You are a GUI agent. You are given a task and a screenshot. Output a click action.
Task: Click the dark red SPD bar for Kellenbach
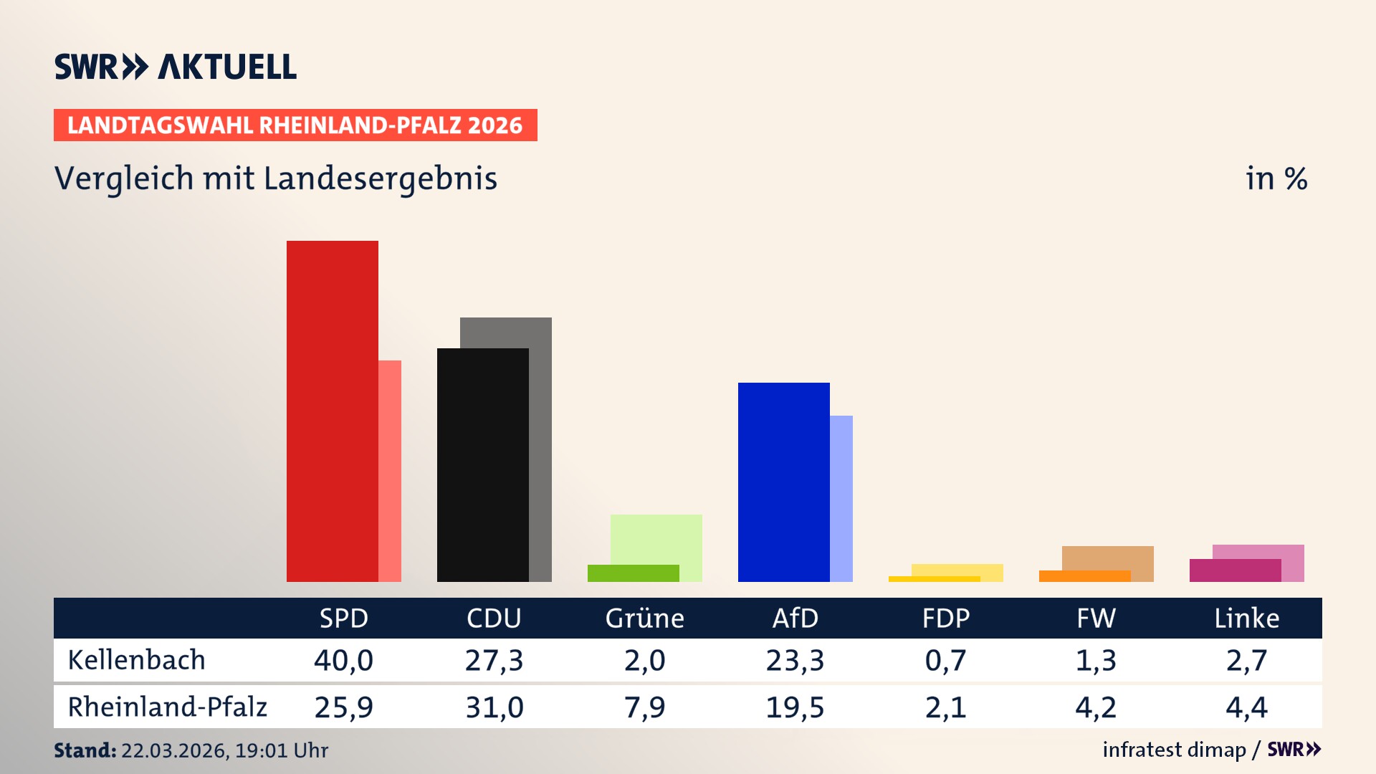coord(333,411)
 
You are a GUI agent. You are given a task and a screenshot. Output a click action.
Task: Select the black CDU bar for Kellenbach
coord(483,465)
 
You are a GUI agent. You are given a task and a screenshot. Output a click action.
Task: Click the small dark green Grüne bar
coord(634,573)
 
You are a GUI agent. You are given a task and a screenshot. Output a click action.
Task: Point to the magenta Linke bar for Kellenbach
coord(1236,570)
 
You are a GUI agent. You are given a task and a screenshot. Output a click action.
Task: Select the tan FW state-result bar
coord(1108,558)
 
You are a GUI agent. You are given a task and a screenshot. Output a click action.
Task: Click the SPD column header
coord(344,618)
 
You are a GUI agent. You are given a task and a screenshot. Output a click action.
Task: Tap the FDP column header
coord(946,618)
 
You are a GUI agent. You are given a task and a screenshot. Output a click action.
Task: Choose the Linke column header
coord(1246,618)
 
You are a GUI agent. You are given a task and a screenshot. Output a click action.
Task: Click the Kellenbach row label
coord(137,660)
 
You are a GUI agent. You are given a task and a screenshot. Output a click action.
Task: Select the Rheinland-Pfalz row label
coord(168,707)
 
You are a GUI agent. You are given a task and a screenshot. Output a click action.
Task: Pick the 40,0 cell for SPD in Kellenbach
coord(344,660)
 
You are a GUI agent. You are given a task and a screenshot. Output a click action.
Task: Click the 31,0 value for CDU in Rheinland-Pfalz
coord(494,707)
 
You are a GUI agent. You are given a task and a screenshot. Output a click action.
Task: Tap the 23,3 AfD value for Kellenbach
coord(795,660)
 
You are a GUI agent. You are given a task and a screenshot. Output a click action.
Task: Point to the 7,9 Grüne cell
coord(645,707)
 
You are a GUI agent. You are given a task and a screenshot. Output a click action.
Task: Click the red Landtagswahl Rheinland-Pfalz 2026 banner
coord(295,125)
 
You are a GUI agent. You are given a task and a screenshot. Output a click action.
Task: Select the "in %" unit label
coord(1276,178)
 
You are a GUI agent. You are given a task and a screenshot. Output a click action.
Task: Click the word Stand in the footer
coord(85,750)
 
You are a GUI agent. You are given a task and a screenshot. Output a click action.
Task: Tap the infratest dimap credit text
coord(1174,750)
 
